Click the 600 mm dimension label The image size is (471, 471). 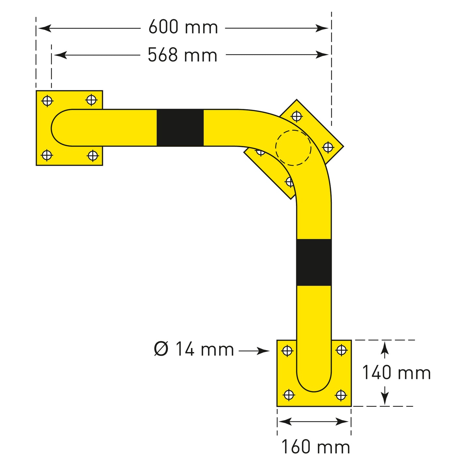click(183, 27)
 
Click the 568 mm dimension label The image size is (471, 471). click(183, 55)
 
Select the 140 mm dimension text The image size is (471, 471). click(396, 373)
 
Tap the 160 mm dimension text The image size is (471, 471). click(316, 447)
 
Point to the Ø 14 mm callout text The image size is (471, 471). click(194, 349)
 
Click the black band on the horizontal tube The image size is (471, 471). click(180, 128)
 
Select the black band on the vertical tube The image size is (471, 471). click(314, 262)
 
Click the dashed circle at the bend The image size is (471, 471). click(293, 148)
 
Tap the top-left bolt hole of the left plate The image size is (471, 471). click(48, 101)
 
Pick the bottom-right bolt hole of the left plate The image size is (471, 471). click(93, 156)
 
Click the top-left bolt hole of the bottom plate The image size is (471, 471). click(287, 351)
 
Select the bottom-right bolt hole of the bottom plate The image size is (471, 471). click(341, 395)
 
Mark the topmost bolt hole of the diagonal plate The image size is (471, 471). click(296, 116)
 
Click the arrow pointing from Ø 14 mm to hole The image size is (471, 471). click(254, 351)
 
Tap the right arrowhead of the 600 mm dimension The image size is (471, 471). click(323, 28)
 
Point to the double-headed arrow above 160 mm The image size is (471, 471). click(314, 422)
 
